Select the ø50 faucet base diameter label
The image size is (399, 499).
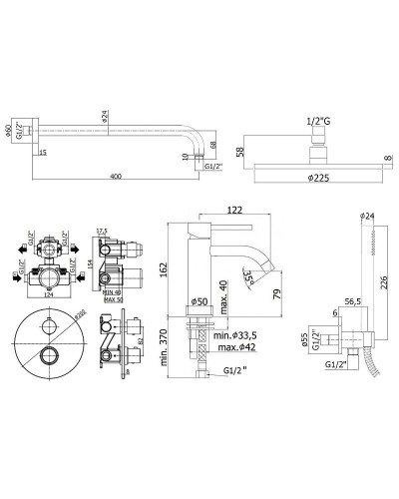[198, 300]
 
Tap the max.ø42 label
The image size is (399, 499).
[236, 347]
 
